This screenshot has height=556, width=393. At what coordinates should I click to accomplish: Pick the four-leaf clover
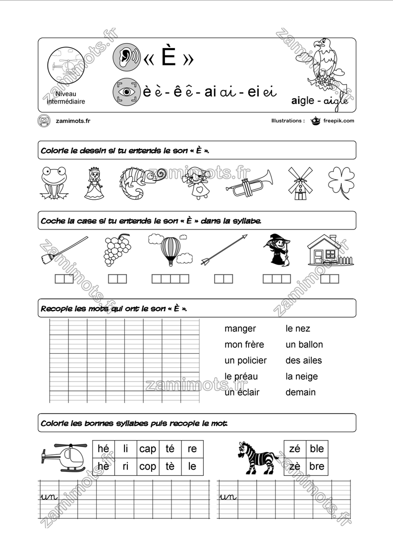(341, 182)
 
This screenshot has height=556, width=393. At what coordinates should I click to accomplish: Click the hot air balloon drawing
(170, 250)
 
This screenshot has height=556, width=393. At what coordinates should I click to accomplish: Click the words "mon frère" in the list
(244, 344)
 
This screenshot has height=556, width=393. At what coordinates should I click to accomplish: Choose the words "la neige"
(301, 376)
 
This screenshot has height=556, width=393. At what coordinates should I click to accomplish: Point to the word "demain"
(300, 392)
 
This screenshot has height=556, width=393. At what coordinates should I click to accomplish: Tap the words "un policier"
(245, 360)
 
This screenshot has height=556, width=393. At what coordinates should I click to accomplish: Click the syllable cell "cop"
(148, 466)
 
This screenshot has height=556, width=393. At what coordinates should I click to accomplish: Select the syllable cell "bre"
(317, 466)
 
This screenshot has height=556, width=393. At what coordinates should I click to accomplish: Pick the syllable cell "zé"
(295, 449)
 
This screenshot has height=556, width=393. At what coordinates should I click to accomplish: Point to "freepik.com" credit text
(338, 120)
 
